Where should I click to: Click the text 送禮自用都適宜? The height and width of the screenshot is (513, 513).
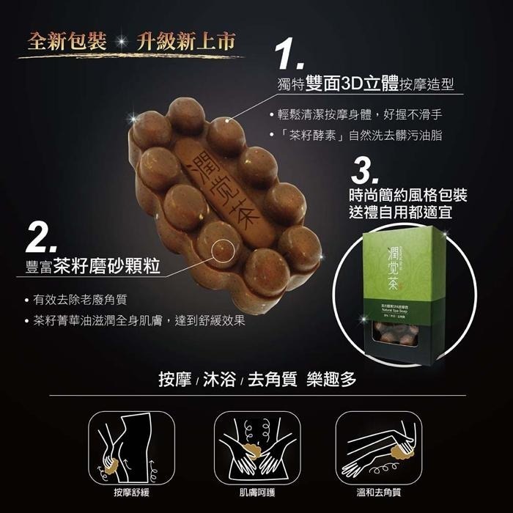(x=408, y=213)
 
